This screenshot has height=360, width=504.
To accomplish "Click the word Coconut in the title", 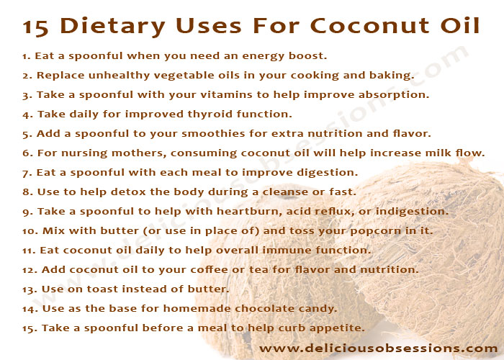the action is (369, 25).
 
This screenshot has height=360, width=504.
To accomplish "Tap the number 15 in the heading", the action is (36, 27).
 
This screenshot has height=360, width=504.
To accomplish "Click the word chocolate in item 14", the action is (264, 309).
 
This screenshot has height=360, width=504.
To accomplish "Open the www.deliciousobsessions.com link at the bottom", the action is (379, 348).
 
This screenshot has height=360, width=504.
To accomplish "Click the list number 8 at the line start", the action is (28, 192).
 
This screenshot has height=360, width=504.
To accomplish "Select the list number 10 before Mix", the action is (30, 231).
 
